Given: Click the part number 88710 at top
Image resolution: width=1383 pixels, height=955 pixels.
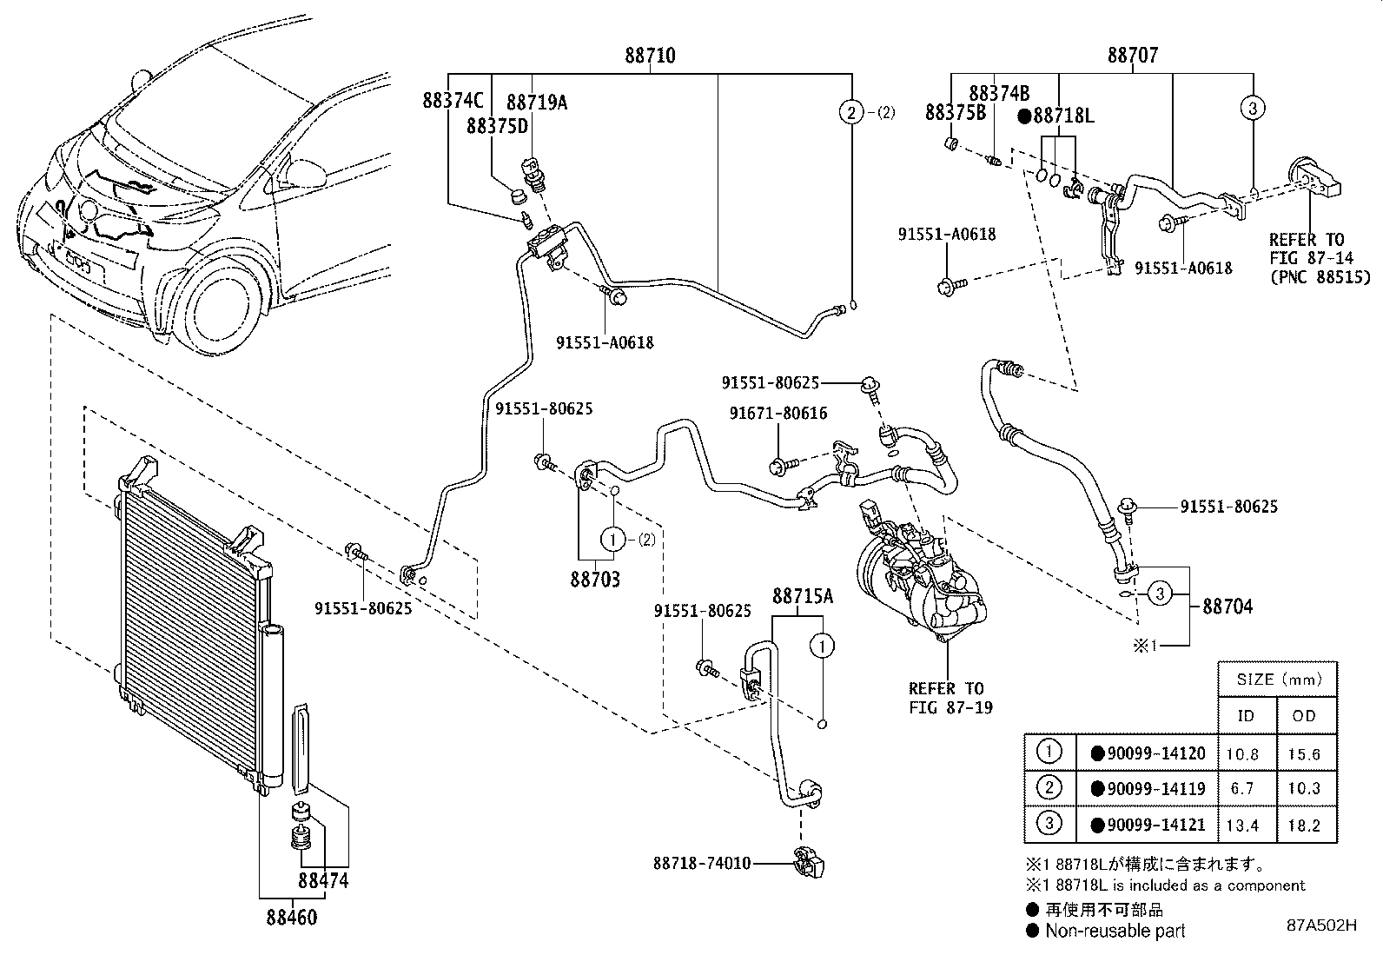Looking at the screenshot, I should pyautogui.click(x=649, y=56).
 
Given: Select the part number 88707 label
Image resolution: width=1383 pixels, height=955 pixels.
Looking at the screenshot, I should pyautogui.click(x=1132, y=56).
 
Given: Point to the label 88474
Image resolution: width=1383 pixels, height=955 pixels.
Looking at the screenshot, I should pyautogui.click(x=323, y=880).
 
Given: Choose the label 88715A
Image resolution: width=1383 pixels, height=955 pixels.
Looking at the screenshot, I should pyautogui.click(x=803, y=596).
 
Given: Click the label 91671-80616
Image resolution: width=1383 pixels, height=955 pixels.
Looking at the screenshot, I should pyautogui.click(x=778, y=414).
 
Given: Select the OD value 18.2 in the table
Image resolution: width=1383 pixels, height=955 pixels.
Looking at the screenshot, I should pyautogui.click(x=1304, y=826).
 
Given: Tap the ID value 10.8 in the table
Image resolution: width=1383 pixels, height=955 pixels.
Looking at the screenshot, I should pyautogui.click(x=1241, y=754).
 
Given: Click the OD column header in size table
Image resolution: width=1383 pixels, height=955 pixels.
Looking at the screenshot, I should pyautogui.click(x=1305, y=715).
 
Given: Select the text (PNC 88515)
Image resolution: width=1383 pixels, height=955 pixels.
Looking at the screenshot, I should pyautogui.click(x=1319, y=277).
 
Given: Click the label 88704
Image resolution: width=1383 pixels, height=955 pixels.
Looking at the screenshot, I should pyautogui.click(x=1227, y=607).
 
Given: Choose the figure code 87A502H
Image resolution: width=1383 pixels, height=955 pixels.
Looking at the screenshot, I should pyautogui.click(x=1321, y=925).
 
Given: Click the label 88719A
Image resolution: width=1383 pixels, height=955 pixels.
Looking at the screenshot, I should pyautogui.click(x=537, y=102).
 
